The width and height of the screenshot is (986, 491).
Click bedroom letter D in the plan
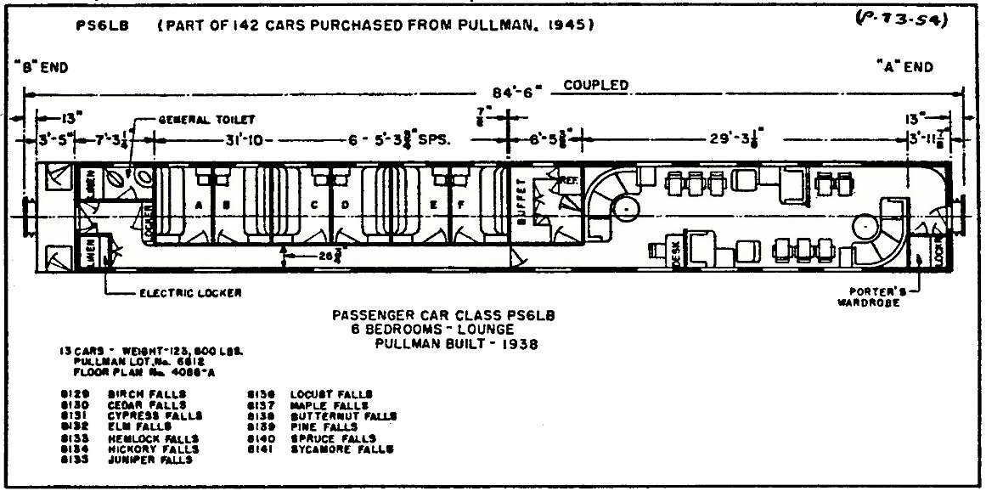point(345,204)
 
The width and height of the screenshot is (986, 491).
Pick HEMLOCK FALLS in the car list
point(154,438)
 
